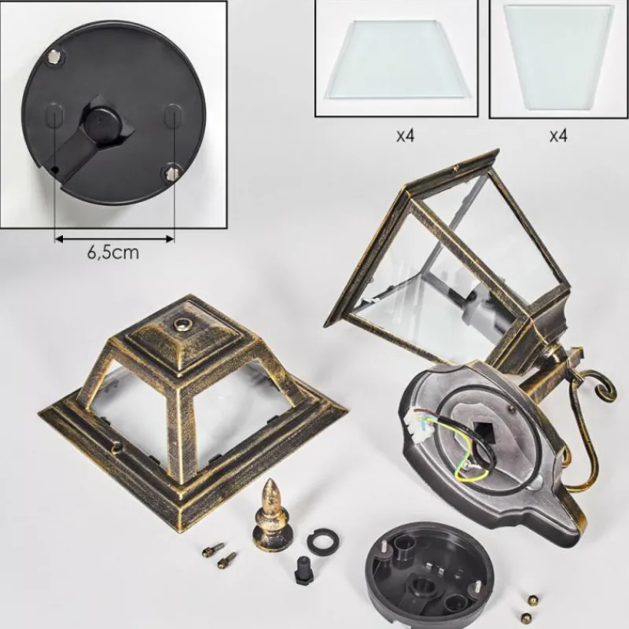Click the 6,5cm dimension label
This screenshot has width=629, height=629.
[113, 252]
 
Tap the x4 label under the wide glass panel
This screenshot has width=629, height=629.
[405, 136]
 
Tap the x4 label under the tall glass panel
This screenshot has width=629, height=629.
[558, 136]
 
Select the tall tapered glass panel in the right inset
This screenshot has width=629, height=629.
[559, 57]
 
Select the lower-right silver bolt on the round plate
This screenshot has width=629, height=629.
[171, 174]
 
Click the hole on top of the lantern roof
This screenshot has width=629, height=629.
[182, 324]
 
